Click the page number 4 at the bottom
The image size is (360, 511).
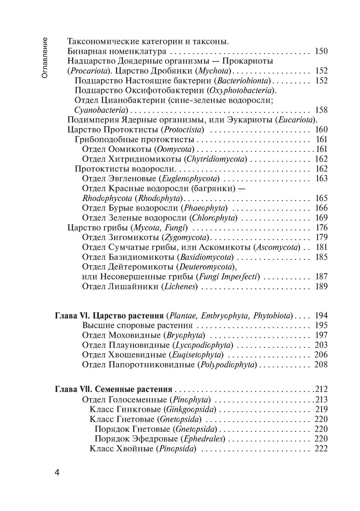click(x=57, y=472)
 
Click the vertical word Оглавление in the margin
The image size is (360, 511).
click(x=45, y=58)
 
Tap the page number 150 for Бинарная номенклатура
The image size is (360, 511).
click(x=321, y=51)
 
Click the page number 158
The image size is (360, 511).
click(x=321, y=110)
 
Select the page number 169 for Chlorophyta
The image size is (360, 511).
click(x=321, y=218)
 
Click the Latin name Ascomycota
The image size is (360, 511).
click(x=277, y=247)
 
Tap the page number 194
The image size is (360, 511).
click(x=321, y=316)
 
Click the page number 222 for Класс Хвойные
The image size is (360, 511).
click(x=321, y=449)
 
